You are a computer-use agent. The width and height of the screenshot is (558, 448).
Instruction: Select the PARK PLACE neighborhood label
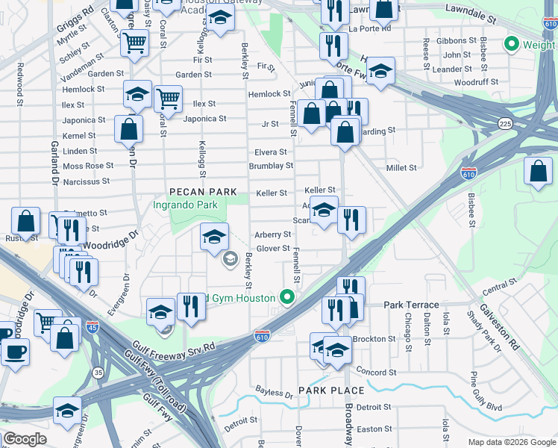point(331,391)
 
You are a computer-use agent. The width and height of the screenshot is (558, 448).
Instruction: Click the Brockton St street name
point(374,339)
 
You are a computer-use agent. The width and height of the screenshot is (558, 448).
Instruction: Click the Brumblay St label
point(271,166)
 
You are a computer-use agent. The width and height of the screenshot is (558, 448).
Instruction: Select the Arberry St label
point(272,234)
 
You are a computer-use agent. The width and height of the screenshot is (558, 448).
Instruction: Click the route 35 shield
point(98,371)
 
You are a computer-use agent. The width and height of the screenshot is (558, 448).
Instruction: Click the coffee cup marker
point(14,351)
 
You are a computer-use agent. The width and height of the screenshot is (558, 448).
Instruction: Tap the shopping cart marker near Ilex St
point(169,98)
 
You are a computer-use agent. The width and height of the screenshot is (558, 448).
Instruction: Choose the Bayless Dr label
point(274,393)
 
